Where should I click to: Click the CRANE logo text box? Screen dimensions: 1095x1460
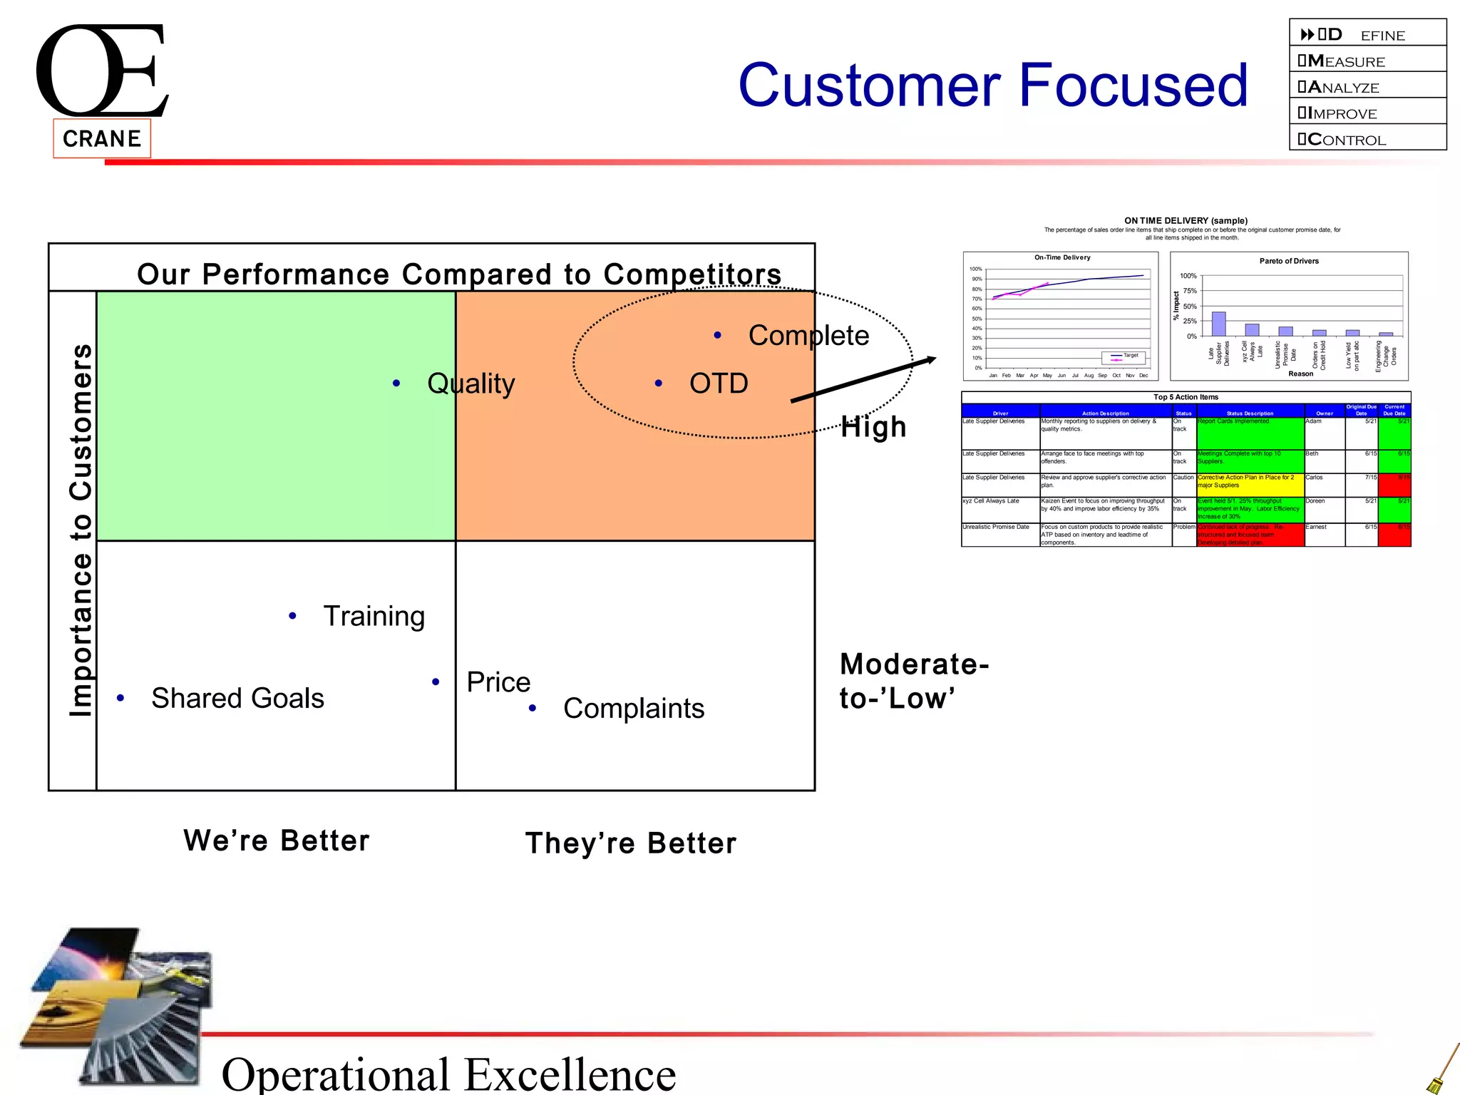(102, 138)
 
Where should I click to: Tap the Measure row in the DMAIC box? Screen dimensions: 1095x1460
(1367, 61)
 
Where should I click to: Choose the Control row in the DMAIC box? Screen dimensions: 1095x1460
(1367, 139)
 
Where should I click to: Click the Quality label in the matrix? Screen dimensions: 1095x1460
(471, 384)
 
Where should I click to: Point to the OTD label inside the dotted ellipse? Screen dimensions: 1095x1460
(718, 384)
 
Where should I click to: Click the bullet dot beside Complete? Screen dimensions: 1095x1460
(718, 336)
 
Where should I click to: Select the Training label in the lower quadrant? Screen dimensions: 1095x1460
(374, 616)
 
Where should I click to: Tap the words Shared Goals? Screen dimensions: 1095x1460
(237, 698)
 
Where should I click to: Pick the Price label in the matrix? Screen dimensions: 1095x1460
(498, 682)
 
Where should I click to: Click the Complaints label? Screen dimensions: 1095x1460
(633, 709)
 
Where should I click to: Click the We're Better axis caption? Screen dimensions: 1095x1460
(277, 840)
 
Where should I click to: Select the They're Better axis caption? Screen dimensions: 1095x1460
(631, 843)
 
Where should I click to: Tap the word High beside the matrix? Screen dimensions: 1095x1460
(873, 427)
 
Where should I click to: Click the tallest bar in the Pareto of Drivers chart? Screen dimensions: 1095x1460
(1218, 324)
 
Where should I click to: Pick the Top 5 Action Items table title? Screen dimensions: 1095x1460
(1186, 397)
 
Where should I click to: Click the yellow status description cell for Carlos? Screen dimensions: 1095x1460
(1250, 484)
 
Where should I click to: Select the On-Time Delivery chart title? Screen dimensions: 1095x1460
(1061, 257)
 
